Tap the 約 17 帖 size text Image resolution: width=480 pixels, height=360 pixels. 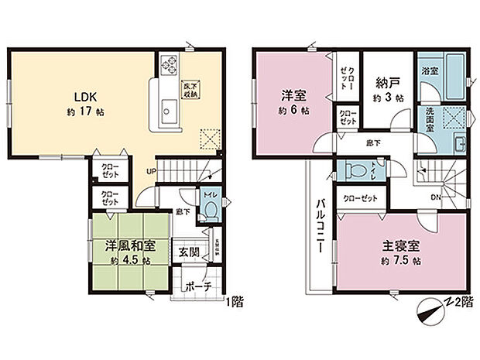tap(86, 112)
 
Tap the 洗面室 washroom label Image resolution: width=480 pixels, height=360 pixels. tap(427, 120)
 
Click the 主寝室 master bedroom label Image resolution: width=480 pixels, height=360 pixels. tap(400, 247)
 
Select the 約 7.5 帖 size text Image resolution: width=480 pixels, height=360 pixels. tap(400, 262)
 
